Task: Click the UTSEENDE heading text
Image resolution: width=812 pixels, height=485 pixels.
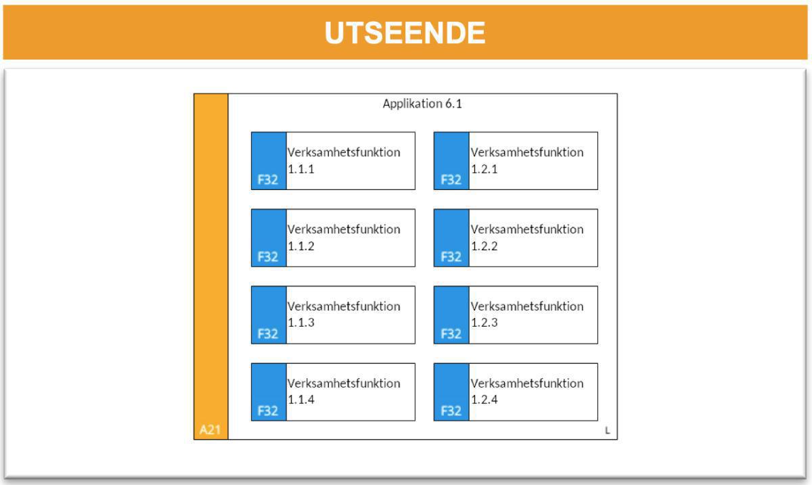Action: (x=405, y=33)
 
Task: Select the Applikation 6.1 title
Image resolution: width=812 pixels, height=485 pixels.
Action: (x=422, y=104)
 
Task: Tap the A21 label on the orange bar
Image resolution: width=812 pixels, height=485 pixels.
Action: (x=210, y=430)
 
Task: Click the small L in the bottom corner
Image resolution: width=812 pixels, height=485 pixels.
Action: (x=607, y=430)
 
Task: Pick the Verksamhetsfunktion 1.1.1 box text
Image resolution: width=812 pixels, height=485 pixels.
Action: (x=344, y=160)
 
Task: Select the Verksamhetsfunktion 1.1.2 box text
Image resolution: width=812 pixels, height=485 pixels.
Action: (x=344, y=237)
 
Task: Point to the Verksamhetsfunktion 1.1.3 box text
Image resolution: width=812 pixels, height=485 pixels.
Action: (x=344, y=315)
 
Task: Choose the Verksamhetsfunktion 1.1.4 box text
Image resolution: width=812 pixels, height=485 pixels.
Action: (x=344, y=392)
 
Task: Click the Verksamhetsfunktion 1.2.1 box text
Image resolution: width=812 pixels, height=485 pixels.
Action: (x=527, y=160)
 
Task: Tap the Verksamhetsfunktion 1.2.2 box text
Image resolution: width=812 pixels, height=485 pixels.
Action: (x=527, y=237)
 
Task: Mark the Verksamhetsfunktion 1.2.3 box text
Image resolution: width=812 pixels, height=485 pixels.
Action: (x=527, y=315)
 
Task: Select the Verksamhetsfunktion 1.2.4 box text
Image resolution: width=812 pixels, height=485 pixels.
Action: (x=527, y=392)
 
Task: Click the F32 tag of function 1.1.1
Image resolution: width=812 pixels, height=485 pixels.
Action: (x=268, y=180)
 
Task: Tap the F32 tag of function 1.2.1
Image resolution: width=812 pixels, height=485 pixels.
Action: (x=451, y=180)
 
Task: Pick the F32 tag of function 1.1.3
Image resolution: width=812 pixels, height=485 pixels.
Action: (x=268, y=334)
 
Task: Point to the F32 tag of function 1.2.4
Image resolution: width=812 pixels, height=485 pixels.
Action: (x=451, y=411)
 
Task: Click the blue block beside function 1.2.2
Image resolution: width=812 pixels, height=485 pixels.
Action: (x=451, y=230)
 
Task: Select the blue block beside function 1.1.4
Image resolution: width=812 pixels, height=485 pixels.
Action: (x=268, y=384)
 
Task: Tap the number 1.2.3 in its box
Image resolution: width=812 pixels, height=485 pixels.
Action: (x=484, y=323)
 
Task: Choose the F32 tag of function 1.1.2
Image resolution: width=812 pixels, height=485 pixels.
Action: (x=268, y=257)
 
